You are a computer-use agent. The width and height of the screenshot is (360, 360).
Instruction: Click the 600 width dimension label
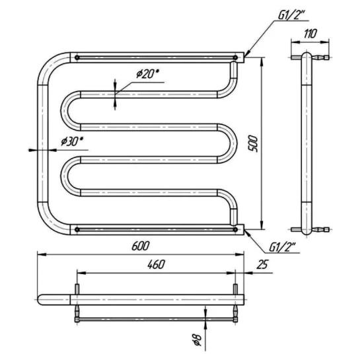[141, 246]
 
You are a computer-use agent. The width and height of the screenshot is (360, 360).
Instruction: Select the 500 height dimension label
[254, 144]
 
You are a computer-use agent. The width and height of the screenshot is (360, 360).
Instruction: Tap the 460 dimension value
[156, 264]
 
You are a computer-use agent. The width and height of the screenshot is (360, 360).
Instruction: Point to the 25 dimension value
[262, 264]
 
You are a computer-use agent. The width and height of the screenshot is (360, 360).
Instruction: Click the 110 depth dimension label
[310, 34]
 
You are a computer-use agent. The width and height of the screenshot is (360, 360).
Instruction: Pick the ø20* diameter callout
[147, 74]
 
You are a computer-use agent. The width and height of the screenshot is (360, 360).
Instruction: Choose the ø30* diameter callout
[72, 141]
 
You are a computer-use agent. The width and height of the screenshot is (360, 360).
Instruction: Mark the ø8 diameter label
[198, 340]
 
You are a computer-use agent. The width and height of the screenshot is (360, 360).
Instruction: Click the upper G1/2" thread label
[291, 15]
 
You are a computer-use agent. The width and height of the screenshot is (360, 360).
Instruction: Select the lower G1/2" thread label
[282, 248]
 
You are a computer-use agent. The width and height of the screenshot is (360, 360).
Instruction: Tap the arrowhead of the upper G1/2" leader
[245, 56]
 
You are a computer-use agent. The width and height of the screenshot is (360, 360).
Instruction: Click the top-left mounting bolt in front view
[77, 57]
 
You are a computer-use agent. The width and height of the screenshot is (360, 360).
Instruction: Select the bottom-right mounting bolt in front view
[235, 229]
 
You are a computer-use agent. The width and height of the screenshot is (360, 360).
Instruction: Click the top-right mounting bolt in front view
[235, 57]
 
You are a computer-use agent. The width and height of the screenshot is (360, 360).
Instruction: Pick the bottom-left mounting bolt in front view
[77, 229]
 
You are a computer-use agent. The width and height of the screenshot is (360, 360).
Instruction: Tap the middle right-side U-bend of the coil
[233, 144]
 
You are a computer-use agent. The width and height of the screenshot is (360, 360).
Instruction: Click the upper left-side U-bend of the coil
[64, 111]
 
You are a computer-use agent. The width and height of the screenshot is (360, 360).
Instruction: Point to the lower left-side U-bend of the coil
[64, 176]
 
